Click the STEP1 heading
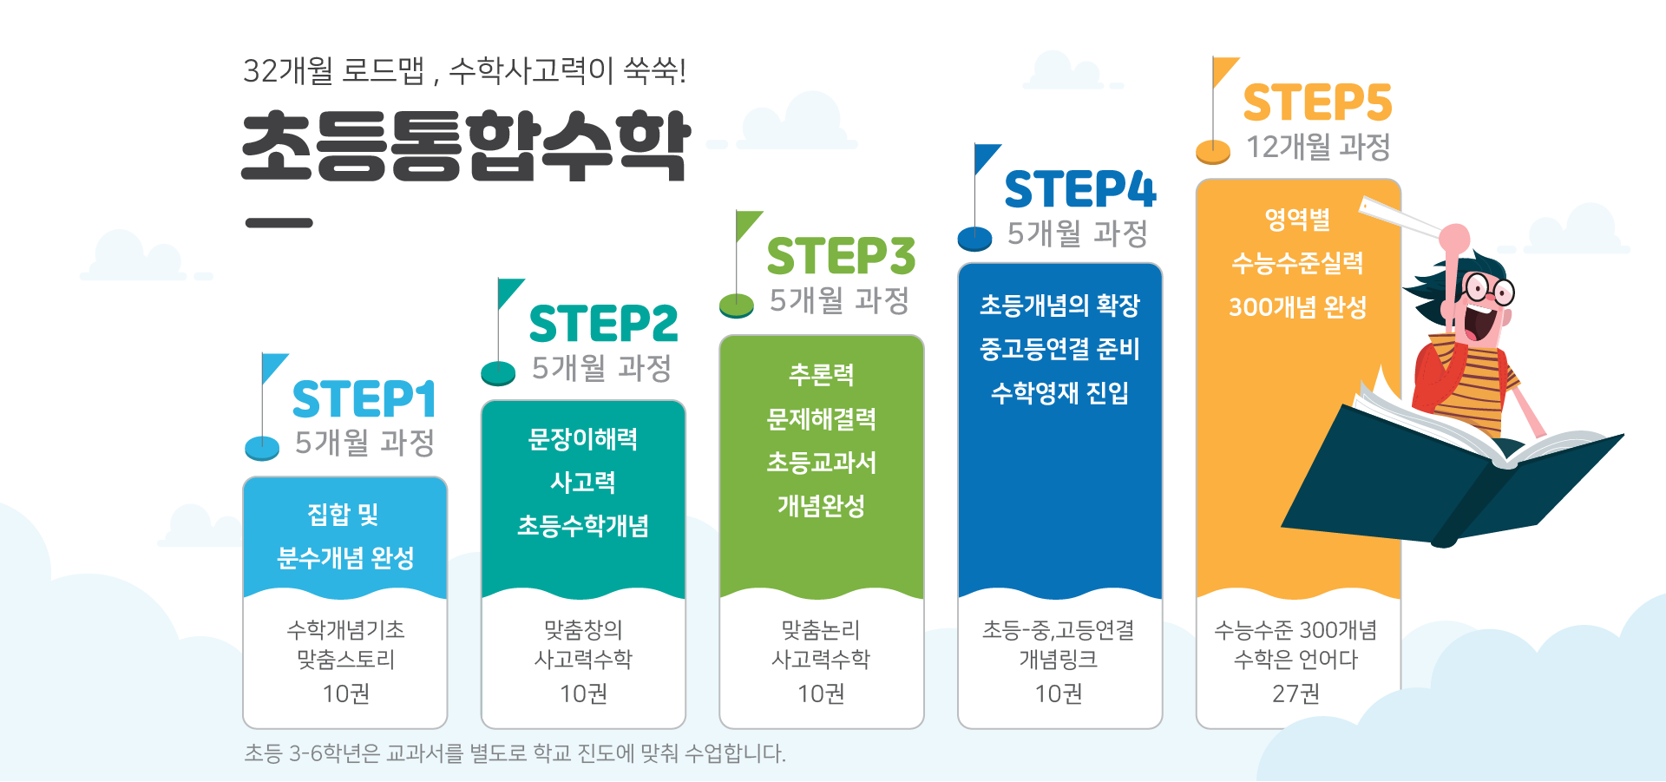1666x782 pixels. pos(364,400)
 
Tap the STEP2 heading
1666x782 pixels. pos(603,324)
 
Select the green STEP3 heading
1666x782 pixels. pos(841,256)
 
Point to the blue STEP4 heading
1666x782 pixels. pos(1080,189)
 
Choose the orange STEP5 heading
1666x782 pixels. pos(1317,102)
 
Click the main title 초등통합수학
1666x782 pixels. pos(466,146)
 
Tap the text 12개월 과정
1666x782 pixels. pos(1318,147)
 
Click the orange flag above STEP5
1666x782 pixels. pos(1223,71)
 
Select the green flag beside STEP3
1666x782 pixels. pos(747,225)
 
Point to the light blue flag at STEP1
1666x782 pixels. pos(272,367)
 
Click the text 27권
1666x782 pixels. pos(1295,693)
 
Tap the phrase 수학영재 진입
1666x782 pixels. pos(1059,393)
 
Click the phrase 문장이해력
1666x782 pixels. pos(583,439)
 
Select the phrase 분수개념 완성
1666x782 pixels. pos(345,558)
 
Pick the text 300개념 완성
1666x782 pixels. pos(1298,307)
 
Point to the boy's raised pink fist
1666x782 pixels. pos(1454,238)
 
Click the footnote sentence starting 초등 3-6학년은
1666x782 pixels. pos(515,752)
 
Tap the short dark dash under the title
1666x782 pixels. pos(279,223)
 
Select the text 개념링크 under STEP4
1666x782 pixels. pos(1059,660)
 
